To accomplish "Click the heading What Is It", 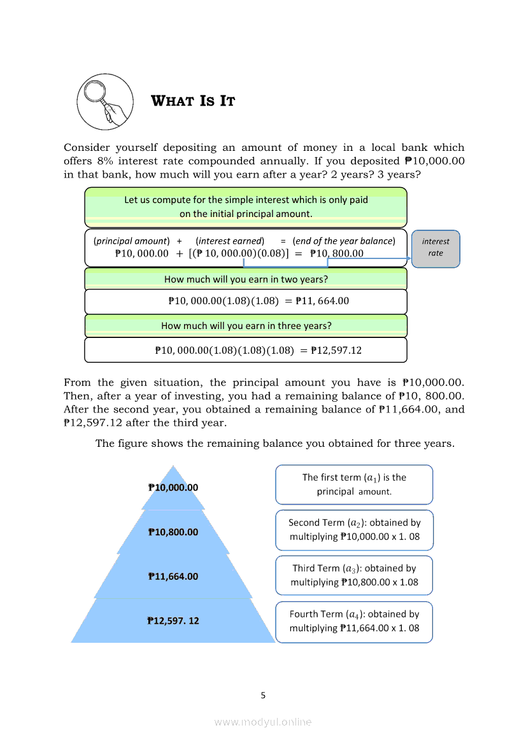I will (x=193, y=101).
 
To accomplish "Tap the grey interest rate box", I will (x=436, y=248).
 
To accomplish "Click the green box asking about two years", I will (x=246, y=279).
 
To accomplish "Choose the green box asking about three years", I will (x=246, y=325).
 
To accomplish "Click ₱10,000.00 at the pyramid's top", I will (x=173, y=488).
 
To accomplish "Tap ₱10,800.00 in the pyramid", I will (x=173, y=532).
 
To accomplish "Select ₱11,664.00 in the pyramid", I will (x=173, y=577).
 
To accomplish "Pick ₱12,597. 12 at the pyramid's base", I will (x=173, y=621).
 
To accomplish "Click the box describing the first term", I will (x=354, y=484).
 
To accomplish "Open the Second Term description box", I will (x=354, y=530).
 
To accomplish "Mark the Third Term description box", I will (x=354, y=575).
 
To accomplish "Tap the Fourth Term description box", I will (x=354, y=621).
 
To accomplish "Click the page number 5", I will (x=263, y=695).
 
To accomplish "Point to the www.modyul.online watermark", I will (x=263, y=722).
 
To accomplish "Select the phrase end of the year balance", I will (x=344, y=241).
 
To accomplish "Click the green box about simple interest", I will (x=246, y=206).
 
